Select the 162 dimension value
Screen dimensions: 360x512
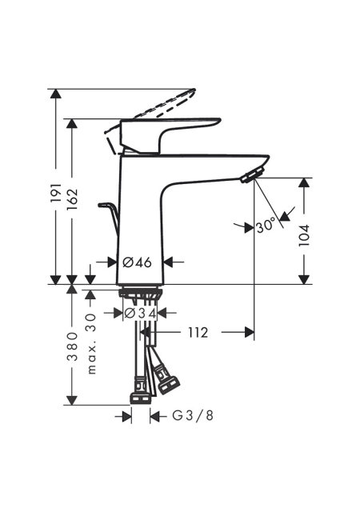[x=72, y=199]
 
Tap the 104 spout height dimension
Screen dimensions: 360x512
[x=304, y=235]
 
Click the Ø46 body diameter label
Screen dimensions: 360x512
[x=138, y=262]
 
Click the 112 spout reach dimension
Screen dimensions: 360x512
[x=198, y=333]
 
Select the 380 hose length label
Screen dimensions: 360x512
[x=72, y=346]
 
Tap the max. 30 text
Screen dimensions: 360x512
[x=92, y=344]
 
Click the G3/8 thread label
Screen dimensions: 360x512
[x=193, y=416]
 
